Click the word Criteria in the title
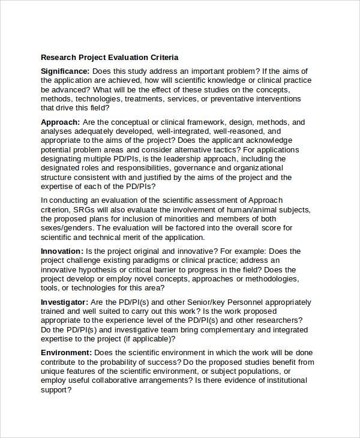pos(162,58)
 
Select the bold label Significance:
pos(65,71)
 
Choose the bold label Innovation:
pos(62,251)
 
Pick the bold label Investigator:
pos(65,302)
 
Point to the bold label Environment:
pos(67,353)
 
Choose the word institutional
pos(283,380)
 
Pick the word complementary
pos(217,329)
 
